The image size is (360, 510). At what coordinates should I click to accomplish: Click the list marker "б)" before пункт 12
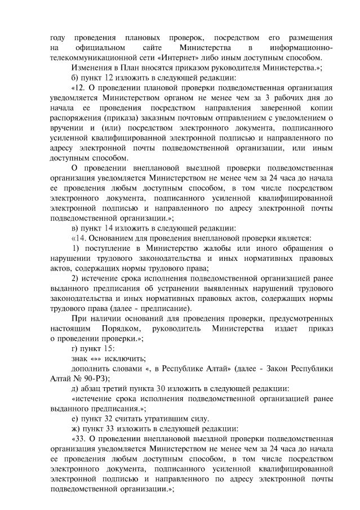[75, 78]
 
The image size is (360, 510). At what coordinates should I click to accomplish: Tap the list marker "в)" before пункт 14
[75, 228]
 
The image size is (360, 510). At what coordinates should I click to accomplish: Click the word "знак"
[81, 358]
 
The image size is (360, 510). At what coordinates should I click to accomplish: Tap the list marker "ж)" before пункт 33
[76, 428]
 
